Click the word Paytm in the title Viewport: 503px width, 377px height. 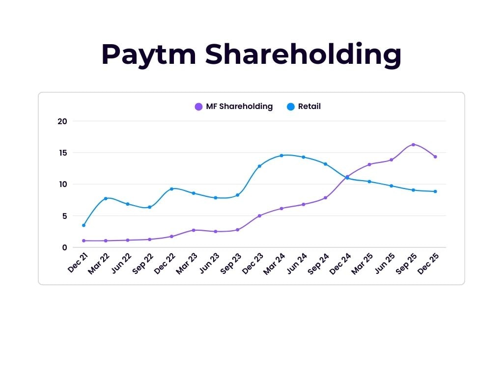click(148, 54)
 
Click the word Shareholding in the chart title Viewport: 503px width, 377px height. click(303, 54)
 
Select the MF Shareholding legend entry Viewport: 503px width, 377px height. click(233, 107)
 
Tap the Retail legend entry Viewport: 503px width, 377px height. click(304, 107)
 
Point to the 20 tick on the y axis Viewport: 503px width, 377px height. click(62, 121)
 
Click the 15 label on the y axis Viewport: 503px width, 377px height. click(62, 153)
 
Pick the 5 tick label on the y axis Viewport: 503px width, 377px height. click(64, 216)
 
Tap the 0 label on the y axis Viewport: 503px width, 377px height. click(64, 247)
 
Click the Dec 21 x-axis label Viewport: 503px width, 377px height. click(78, 263)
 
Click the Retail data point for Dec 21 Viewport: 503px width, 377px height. click(84, 225)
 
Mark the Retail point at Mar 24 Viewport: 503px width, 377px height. click(281, 156)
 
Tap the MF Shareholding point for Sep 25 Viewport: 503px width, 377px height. click(413, 144)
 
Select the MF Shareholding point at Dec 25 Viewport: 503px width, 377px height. click(435, 157)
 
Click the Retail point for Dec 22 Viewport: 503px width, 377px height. click(171, 188)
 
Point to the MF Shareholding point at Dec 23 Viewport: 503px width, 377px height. click(259, 215)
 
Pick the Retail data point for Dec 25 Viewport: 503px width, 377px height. click(435, 191)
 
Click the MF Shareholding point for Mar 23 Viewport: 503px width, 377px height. click(194, 230)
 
